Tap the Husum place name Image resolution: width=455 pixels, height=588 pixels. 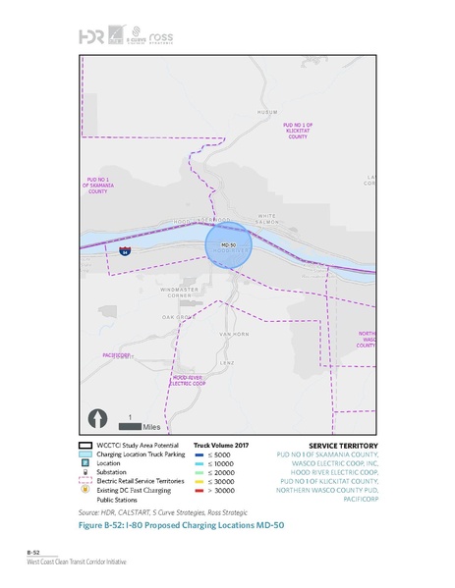click(268, 113)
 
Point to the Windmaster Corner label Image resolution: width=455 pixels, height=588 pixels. click(186, 292)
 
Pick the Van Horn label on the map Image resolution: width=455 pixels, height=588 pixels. click(229, 335)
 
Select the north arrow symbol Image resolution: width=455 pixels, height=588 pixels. click(98, 420)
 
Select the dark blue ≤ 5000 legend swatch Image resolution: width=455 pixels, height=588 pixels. click(200, 455)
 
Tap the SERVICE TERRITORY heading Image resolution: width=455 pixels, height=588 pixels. click(336, 445)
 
